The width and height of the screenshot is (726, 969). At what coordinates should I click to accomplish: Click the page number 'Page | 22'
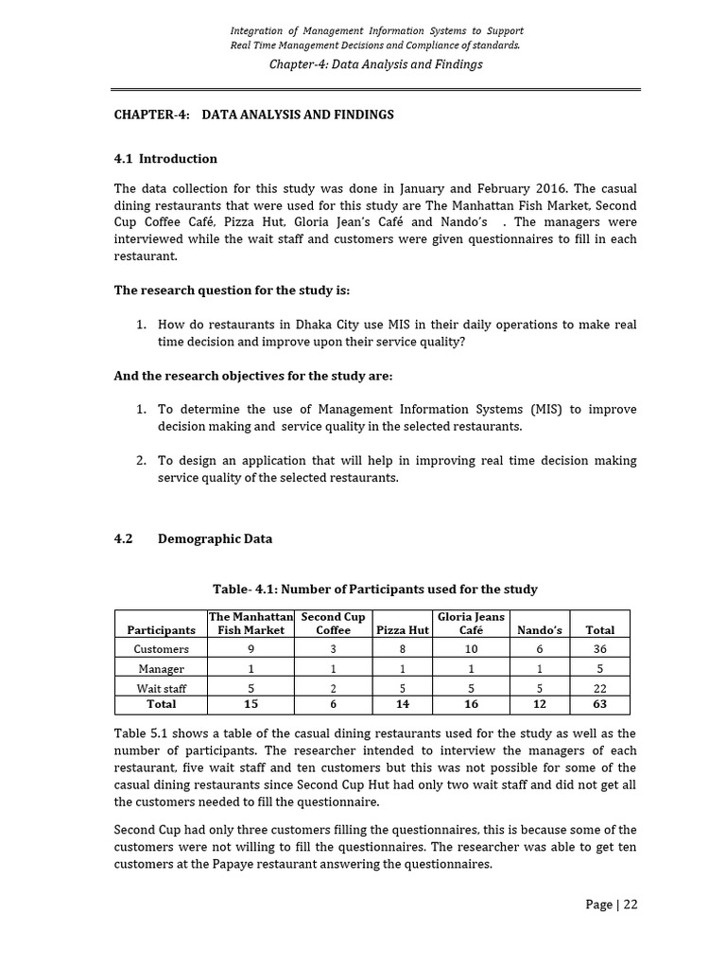coord(611,904)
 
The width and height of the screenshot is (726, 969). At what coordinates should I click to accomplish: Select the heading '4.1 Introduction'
coord(165,159)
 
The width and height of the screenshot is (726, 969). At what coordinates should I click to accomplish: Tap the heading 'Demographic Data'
coord(215,539)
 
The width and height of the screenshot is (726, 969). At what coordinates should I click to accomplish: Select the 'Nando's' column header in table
coord(540,629)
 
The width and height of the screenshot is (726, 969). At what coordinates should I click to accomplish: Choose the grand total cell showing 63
coord(599,704)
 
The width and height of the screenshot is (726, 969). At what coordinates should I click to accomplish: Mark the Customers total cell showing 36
coord(599,649)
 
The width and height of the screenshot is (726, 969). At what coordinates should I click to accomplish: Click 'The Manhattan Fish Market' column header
coord(251,623)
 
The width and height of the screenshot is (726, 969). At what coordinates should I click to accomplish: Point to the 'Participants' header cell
coord(161,629)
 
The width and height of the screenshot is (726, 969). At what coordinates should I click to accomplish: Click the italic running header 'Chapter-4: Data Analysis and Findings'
coord(375,64)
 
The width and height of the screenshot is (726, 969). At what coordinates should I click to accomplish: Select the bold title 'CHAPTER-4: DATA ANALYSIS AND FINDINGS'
coord(253,115)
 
